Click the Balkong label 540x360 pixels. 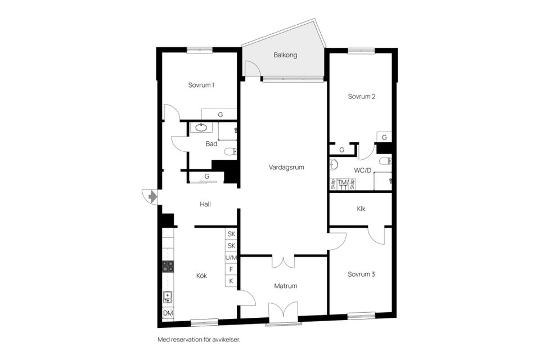[x=285, y=55]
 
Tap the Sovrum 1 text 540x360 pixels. [x=201, y=85]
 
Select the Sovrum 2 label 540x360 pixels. [x=361, y=96]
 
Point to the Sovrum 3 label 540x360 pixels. [x=361, y=274]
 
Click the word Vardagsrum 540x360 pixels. [x=286, y=167]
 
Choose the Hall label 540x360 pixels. [x=205, y=204]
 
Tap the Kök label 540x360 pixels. [x=201, y=276]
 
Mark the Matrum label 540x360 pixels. [x=286, y=286]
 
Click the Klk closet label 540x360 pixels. [x=361, y=209]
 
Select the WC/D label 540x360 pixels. [x=362, y=170]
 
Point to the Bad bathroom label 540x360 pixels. [x=211, y=144]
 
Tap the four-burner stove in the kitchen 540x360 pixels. [x=168, y=266]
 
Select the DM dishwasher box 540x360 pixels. [x=168, y=313]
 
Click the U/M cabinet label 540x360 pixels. [x=231, y=258]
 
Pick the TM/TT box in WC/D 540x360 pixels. [x=343, y=184]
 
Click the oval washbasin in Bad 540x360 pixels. [x=197, y=128]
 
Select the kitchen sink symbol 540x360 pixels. [x=168, y=297]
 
